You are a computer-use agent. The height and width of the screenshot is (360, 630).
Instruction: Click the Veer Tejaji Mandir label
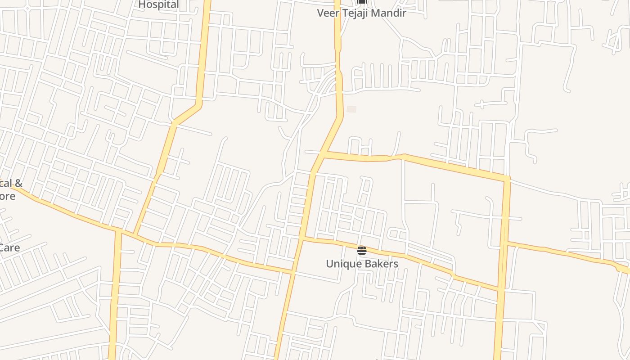(x=361, y=13)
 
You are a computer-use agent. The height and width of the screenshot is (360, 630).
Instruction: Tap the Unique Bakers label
(x=362, y=264)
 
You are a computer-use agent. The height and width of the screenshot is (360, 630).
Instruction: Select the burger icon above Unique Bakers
(x=362, y=250)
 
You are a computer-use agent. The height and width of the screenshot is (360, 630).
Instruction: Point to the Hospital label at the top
(x=158, y=4)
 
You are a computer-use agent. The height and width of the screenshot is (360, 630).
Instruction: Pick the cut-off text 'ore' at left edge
(x=7, y=196)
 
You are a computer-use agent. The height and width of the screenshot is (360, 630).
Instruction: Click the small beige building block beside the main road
(x=351, y=109)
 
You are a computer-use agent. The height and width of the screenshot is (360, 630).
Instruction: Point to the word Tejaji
(x=356, y=13)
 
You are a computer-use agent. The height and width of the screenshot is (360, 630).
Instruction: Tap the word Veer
(x=327, y=13)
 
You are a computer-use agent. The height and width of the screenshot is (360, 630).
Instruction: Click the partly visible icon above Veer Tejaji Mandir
(x=362, y=2)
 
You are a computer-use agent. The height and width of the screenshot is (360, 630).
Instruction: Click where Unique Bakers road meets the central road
(x=302, y=239)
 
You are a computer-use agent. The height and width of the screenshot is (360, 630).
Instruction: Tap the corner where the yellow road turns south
(x=507, y=179)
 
